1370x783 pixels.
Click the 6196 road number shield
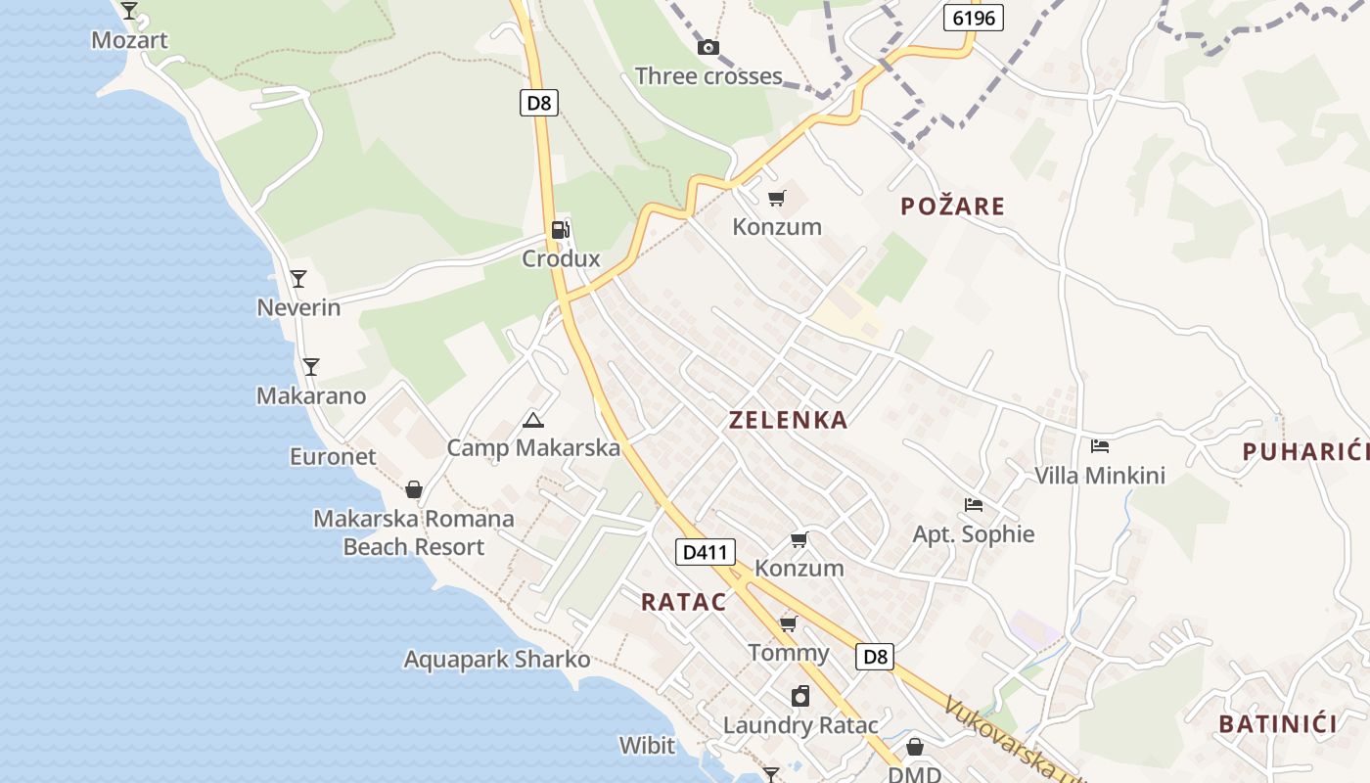pyautogui.click(x=973, y=18)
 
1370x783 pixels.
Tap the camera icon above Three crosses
pyautogui.click(x=708, y=47)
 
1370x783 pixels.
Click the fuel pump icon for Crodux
pyautogui.click(x=560, y=230)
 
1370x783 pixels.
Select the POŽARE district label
pyautogui.click(x=952, y=206)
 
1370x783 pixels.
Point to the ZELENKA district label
pyautogui.click(x=788, y=420)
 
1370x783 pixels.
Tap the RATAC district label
pyautogui.click(x=684, y=602)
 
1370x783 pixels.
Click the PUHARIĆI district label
pyautogui.click(x=1305, y=451)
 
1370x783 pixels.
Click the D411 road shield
pyautogui.click(x=705, y=552)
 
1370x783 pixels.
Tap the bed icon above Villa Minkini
pyautogui.click(x=1100, y=446)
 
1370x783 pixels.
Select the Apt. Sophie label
pyautogui.click(x=973, y=534)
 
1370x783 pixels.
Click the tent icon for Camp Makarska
pyautogui.click(x=532, y=421)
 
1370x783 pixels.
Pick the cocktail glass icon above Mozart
pyautogui.click(x=129, y=11)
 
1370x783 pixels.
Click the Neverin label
pyautogui.click(x=298, y=307)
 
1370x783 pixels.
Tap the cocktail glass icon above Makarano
pyautogui.click(x=310, y=367)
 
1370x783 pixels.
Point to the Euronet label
pyautogui.click(x=333, y=456)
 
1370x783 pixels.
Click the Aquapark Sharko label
pyautogui.click(x=497, y=660)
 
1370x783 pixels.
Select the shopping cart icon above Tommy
pyautogui.click(x=788, y=623)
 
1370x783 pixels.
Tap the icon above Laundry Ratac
pyautogui.click(x=800, y=696)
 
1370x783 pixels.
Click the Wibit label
pyautogui.click(x=647, y=746)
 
